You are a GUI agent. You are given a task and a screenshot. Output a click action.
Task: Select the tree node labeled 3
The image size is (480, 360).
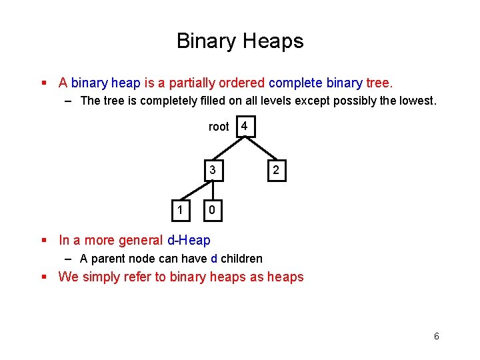(212, 171)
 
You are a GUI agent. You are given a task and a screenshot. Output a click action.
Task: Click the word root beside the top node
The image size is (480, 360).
(219, 127)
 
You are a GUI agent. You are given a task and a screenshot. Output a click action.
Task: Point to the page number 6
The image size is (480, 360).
(437, 336)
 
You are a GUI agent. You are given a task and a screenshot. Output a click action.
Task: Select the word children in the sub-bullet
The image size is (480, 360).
(241, 259)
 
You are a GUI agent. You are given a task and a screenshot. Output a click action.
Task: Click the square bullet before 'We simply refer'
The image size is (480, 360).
(44, 277)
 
